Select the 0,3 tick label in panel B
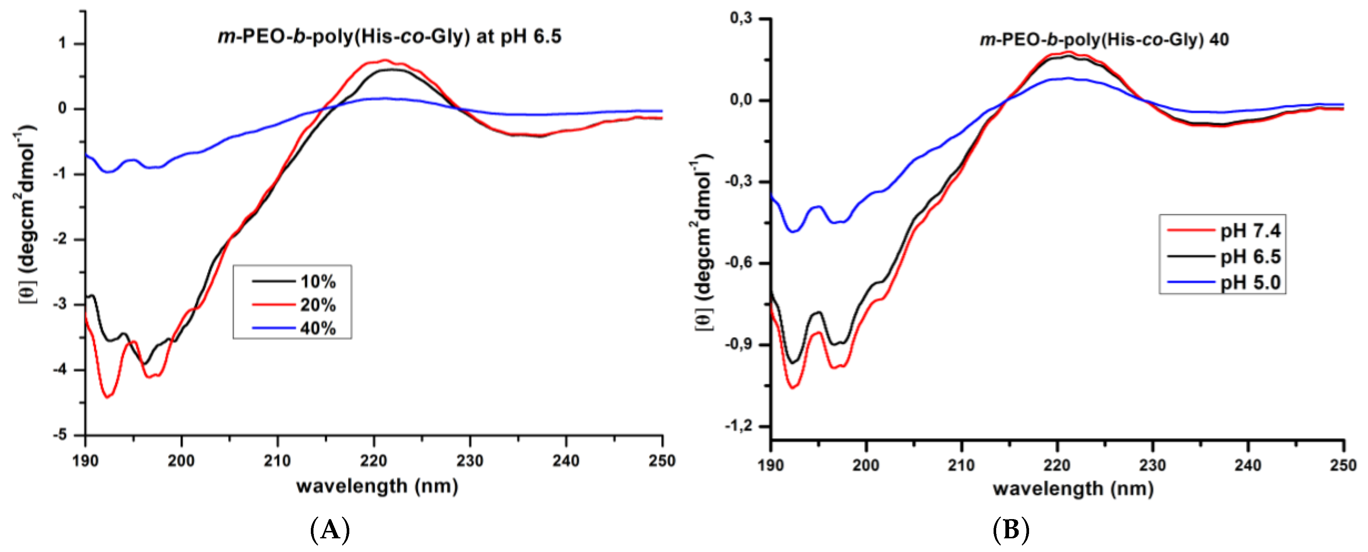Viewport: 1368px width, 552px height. click(x=741, y=18)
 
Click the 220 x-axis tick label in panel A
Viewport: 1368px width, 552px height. click(x=373, y=461)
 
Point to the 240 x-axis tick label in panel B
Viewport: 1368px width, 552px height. click(x=1248, y=465)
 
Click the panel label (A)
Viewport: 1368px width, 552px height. click(x=330, y=530)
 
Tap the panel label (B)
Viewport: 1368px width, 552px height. click(x=1011, y=530)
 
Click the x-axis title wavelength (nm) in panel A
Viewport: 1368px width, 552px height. click(x=377, y=486)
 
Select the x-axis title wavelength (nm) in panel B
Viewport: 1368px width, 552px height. click(x=1073, y=488)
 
